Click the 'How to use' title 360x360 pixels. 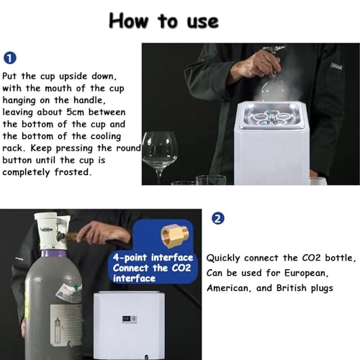(x=163, y=21)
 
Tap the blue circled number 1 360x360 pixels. (x=10, y=58)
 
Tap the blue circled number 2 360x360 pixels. (x=218, y=219)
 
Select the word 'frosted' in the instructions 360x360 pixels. (x=73, y=172)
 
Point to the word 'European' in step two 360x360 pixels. (x=306, y=273)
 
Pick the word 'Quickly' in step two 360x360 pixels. (x=223, y=258)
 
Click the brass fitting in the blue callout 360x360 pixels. (x=175, y=235)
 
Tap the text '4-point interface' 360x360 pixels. (x=153, y=258)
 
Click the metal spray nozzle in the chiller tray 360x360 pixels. (x=271, y=118)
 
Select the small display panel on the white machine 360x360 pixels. (x=130, y=319)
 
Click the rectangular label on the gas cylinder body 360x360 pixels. (x=66, y=325)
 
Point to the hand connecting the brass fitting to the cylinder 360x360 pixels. (x=103, y=233)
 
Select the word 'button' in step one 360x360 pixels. (x=17, y=160)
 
